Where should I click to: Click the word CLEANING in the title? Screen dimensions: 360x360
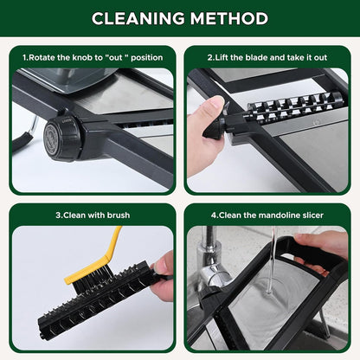pos(138,18)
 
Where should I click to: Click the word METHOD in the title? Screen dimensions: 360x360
pos(229,18)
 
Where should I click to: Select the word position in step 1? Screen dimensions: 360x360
pos(147,58)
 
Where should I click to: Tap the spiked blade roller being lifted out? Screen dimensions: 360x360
pos(294,106)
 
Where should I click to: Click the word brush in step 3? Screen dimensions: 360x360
pos(119,215)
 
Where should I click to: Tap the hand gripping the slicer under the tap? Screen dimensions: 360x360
pos(324,249)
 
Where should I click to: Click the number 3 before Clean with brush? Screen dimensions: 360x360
pos(58,215)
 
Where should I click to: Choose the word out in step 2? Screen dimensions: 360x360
pos(320,57)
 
